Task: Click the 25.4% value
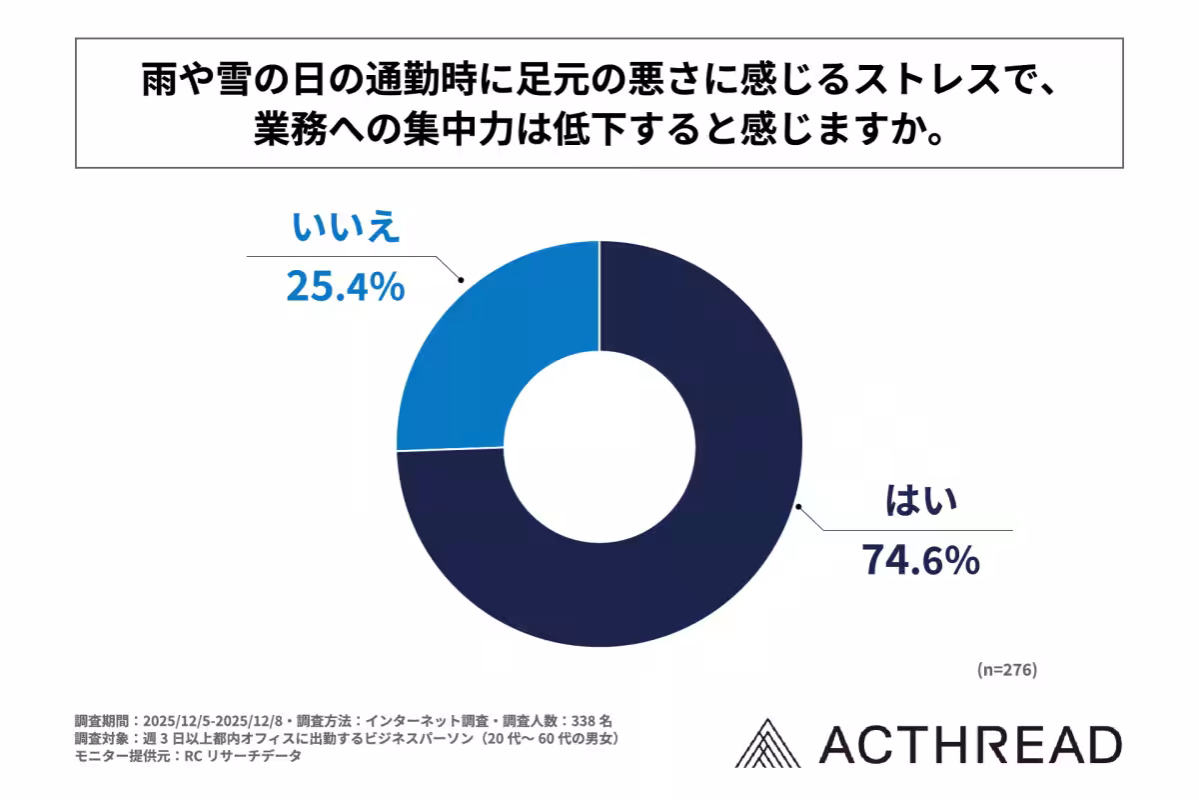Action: click(x=345, y=287)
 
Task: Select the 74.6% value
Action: click(x=919, y=561)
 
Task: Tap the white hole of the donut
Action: click(x=599, y=444)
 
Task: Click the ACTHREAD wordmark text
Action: click(x=969, y=746)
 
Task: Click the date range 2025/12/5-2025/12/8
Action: click(x=215, y=720)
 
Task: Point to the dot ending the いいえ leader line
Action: click(x=460, y=281)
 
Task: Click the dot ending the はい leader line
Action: click(x=798, y=508)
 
